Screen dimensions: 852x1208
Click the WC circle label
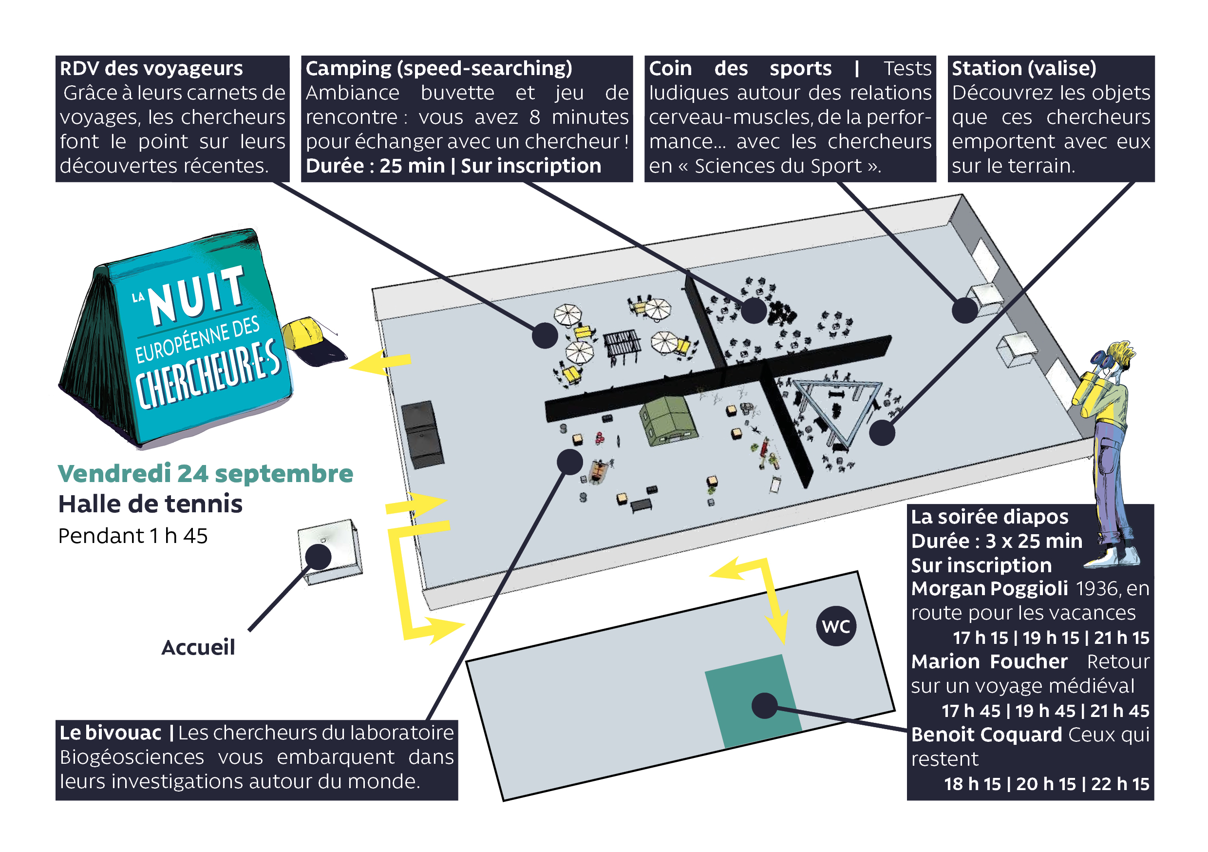click(x=835, y=626)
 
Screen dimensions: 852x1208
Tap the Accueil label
click(x=198, y=647)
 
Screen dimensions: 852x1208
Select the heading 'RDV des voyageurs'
click(x=151, y=68)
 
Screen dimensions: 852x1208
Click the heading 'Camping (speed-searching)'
click(x=439, y=68)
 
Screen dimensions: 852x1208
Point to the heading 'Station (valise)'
click(x=1024, y=68)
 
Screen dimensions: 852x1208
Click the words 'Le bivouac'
click(x=111, y=733)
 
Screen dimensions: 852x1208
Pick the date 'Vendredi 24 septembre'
click(x=205, y=473)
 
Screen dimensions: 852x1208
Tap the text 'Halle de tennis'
click(x=151, y=504)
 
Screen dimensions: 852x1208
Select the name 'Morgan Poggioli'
click(x=989, y=588)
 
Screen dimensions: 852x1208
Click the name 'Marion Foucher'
click(x=989, y=661)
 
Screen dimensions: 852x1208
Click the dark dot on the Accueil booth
click(x=318, y=557)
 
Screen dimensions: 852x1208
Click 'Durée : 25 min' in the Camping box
click(x=375, y=166)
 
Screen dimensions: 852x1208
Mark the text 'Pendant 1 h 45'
click(x=132, y=536)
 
